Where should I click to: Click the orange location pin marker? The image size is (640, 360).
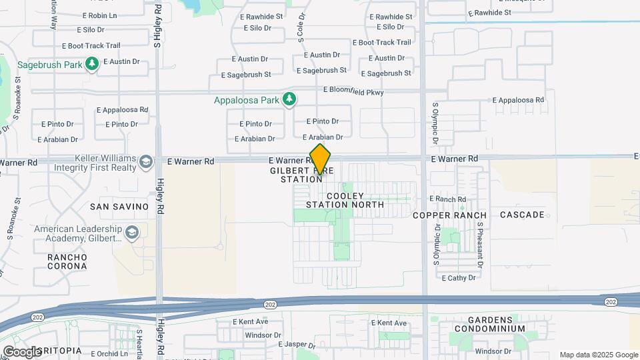pyautogui.click(x=321, y=159)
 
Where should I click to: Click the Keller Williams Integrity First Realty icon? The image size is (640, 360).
pyautogui.click(x=145, y=161)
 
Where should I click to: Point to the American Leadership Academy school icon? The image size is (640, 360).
pyautogui.click(x=132, y=232)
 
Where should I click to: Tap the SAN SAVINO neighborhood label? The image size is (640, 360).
pyautogui.click(x=119, y=207)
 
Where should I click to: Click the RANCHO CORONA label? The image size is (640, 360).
pyautogui.click(x=67, y=261)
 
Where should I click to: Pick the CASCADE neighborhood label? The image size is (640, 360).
pyautogui.click(x=522, y=215)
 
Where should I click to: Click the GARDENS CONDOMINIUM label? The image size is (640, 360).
pyautogui.click(x=490, y=324)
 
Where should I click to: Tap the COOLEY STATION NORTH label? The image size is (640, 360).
pyautogui.click(x=346, y=200)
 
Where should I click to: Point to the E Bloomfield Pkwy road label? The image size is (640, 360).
pyautogui.click(x=353, y=91)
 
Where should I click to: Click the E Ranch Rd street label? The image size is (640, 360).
pyautogui.click(x=447, y=199)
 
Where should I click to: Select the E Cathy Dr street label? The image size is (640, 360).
pyautogui.click(x=457, y=278)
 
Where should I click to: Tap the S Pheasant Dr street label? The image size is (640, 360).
pyautogui.click(x=479, y=241)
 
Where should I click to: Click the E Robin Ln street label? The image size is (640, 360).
pyautogui.click(x=99, y=15)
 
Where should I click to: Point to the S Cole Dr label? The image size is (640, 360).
pyautogui.click(x=301, y=26)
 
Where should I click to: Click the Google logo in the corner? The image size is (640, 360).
pyautogui.click(x=22, y=351)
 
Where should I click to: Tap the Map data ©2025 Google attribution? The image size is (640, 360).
pyautogui.click(x=598, y=355)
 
